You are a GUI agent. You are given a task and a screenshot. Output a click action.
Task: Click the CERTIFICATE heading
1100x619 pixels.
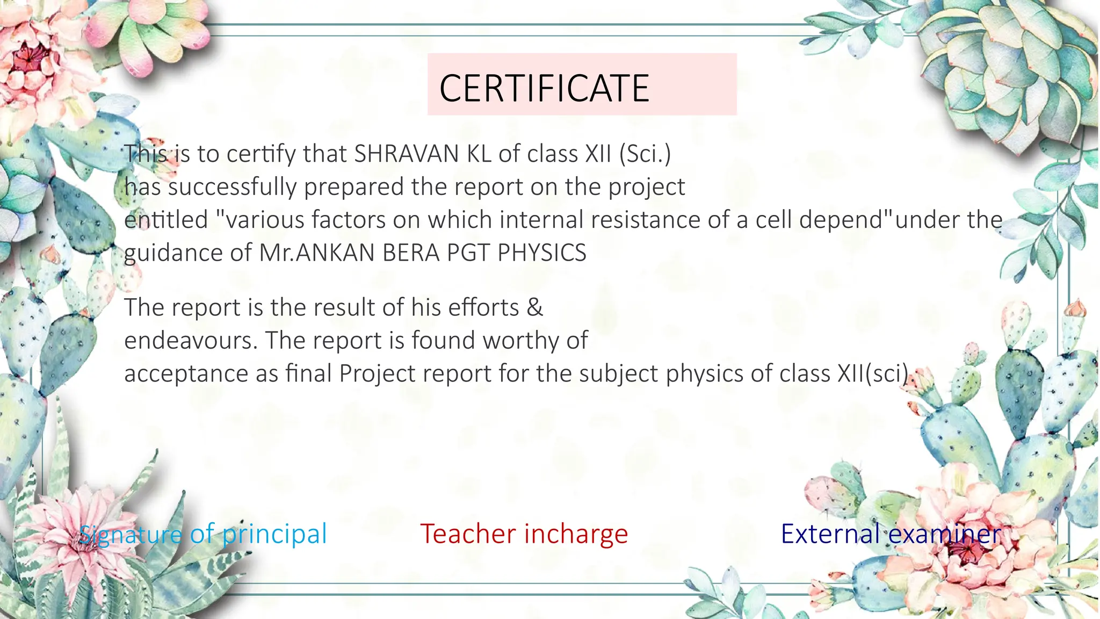click(544, 88)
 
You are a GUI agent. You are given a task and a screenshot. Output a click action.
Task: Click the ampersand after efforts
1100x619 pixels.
click(534, 307)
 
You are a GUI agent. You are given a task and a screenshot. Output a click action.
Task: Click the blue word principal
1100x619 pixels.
click(274, 534)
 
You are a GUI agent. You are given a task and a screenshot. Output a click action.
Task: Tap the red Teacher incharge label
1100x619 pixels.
click(524, 534)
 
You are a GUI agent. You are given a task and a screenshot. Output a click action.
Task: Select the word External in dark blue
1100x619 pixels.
click(830, 534)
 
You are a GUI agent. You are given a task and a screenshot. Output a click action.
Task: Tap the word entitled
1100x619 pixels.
click(166, 220)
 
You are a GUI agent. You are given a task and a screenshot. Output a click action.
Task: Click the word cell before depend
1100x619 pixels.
click(774, 220)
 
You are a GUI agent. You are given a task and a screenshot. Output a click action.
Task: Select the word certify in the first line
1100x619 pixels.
click(261, 154)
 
